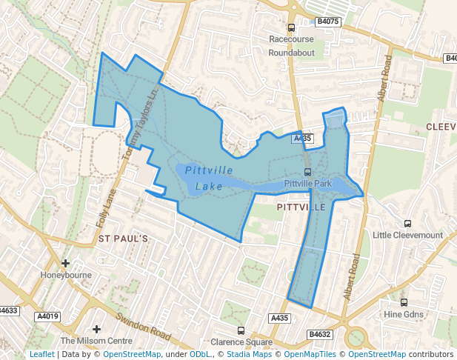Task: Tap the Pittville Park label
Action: coord(307,183)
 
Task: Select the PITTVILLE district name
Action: coord(300,207)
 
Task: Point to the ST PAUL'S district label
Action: coord(124,239)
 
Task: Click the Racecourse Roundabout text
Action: coord(291,45)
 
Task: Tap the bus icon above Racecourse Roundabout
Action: coord(291,27)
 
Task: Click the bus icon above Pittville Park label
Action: coord(307,172)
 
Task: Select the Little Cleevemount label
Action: coord(407,236)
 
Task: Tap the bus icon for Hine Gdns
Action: coord(404,302)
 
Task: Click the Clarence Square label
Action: coord(241,342)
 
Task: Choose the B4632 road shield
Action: coord(320,334)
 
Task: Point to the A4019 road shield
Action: coord(47,317)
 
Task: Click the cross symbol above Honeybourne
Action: coord(66,263)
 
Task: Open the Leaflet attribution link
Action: coord(41,354)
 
